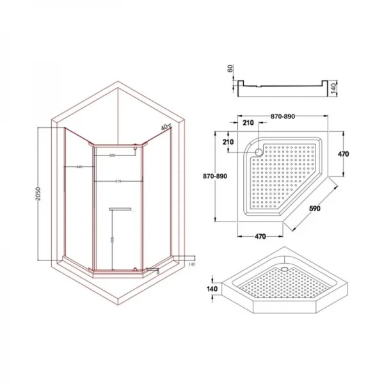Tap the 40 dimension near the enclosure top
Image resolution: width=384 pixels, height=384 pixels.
[165, 127]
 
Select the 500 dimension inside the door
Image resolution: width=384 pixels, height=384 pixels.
[112, 156]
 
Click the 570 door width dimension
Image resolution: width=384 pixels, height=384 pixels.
[118, 182]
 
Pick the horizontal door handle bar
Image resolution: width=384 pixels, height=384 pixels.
[120, 208]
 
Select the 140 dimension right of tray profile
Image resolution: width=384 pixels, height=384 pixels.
[333, 88]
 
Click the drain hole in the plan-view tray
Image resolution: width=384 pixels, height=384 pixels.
[259, 152]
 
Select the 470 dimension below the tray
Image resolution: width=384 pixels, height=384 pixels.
[260, 236]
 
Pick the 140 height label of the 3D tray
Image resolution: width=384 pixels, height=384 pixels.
[213, 289]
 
